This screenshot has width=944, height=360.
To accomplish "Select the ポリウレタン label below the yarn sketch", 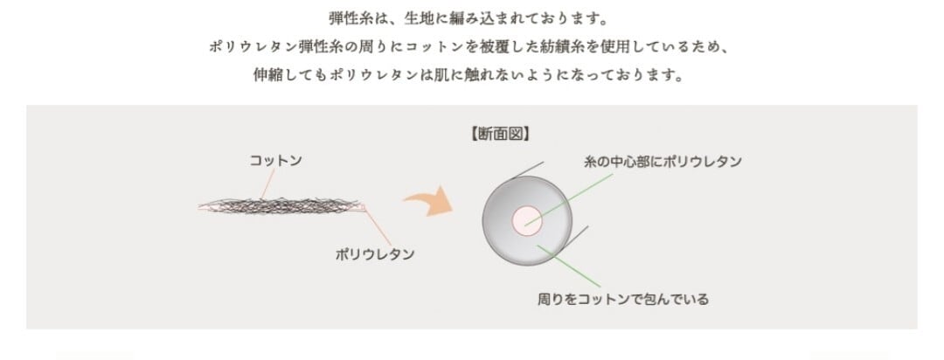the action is [375, 254].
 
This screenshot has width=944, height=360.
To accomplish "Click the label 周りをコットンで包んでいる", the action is [622, 300].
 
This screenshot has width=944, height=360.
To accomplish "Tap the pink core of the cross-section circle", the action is [528, 220].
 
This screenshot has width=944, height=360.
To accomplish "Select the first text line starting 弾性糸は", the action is [471, 17].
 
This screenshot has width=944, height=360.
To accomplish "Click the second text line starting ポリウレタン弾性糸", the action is [471, 46].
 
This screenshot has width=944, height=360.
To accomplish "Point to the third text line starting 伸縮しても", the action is [471, 75].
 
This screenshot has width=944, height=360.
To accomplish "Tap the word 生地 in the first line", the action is [422, 17].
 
